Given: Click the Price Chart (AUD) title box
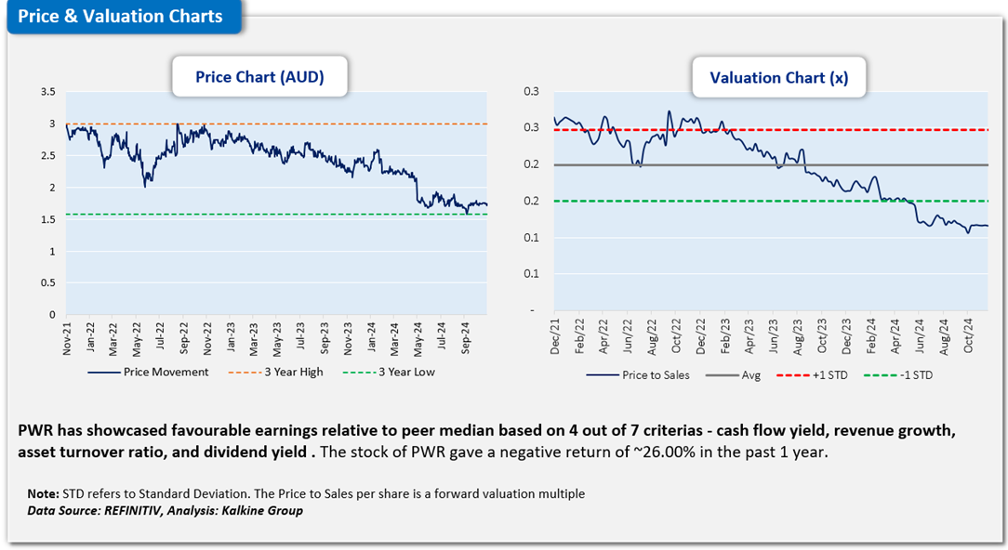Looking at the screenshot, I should (259, 77).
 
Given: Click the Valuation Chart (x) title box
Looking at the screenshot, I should (778, 78).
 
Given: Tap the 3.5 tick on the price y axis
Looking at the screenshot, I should (48, 92).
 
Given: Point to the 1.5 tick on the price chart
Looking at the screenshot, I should (48, 219).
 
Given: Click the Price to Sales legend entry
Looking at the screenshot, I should (647, 375).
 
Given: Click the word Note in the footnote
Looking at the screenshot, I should (43, 493).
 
